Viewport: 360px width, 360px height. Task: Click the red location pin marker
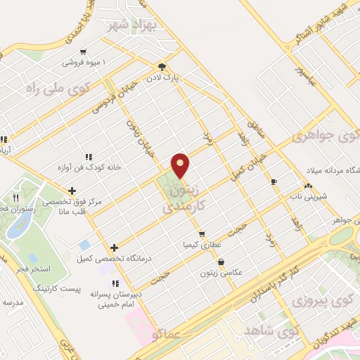pyautogui.click(x=181, y=165)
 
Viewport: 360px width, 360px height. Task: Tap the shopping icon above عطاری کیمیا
pyautogui.click(x=202, y=233)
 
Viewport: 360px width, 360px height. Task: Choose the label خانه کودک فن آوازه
pyautogui.click(x=90, y=167)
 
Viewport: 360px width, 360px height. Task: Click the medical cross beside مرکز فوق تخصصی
pyautogui.click(x=72, y=191)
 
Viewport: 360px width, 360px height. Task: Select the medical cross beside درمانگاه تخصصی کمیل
pyautogui.click(x=114, y=248)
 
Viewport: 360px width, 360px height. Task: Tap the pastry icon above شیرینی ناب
pyautogui.click(x=308, y=186)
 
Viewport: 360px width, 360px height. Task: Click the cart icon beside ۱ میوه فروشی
pyautogui.click(x=84, y=51)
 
